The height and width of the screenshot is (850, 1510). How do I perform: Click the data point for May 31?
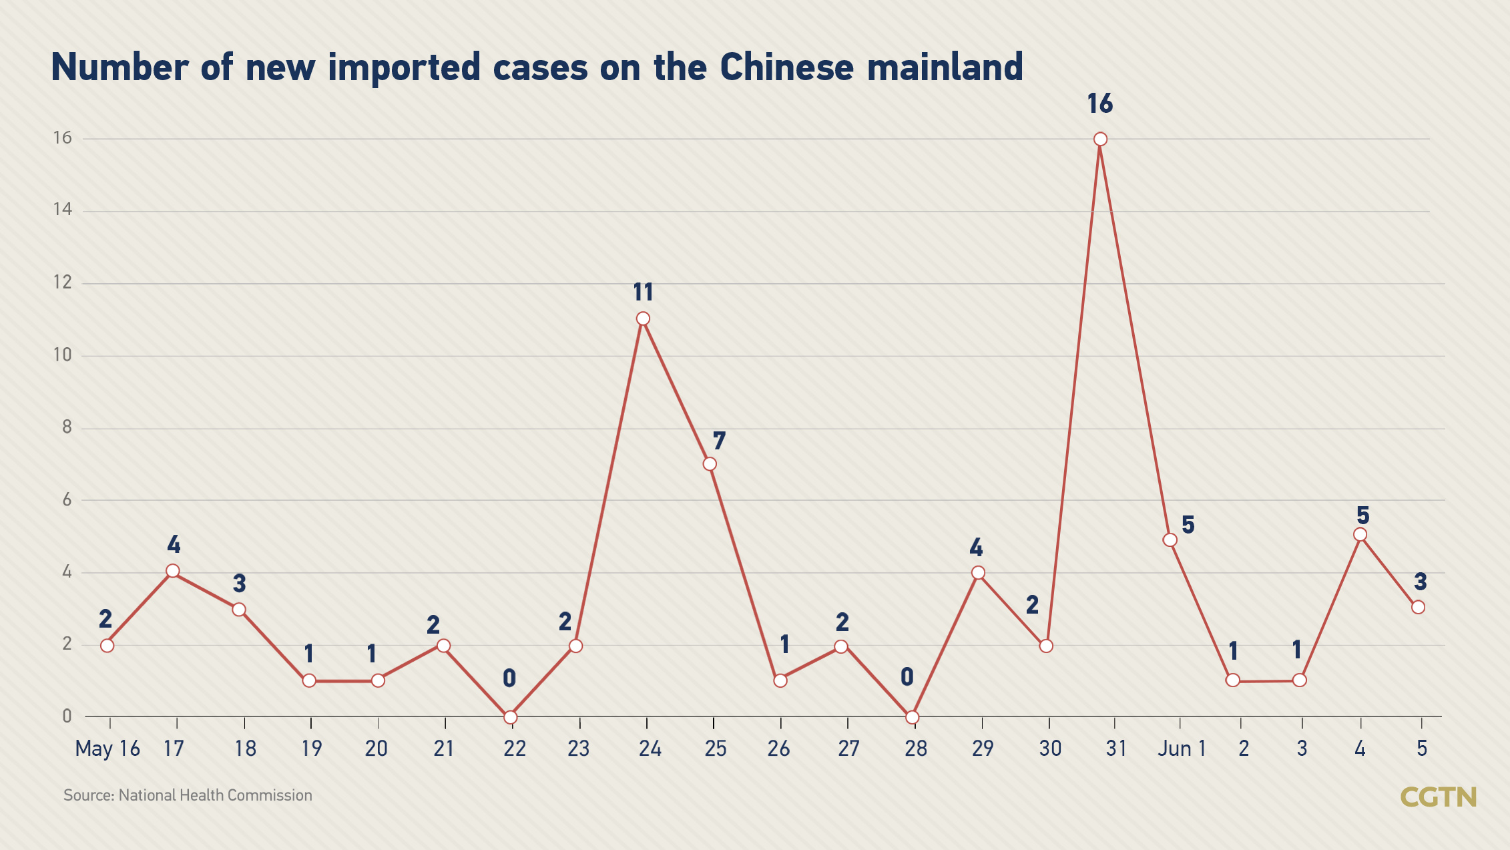tap(1100, 139)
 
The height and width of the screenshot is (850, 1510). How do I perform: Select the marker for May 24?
tap(643, 318)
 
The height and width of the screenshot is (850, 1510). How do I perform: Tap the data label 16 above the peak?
tap(1099, 104)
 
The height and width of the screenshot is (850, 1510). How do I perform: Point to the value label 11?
tap(643, 292)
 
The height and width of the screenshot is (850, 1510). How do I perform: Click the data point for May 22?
tap(510, 717)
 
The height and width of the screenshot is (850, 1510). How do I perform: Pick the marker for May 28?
tap(912, 717)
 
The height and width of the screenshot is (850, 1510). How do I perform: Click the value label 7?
tap(718, 441)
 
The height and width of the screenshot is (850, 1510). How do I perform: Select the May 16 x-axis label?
tap(107, 749)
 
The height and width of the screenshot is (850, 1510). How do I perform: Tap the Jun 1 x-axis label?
tap(1182, 749)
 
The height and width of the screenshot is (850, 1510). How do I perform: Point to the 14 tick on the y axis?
tap(63, 210)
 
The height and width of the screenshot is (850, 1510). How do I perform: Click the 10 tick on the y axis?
tap(63, 355)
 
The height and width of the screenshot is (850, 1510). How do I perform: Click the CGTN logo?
tap(1438, 797)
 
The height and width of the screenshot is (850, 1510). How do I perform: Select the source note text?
tap(188, 795)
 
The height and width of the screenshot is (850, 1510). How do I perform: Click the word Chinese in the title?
tap(786, 67)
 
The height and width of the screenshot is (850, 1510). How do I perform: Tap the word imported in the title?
tap(404, 67)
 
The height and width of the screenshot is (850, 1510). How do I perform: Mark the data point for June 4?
tap(1360, 535)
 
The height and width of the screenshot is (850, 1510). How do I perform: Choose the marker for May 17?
tap(173, 571)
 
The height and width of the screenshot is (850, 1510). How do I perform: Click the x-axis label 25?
tap(715, 749)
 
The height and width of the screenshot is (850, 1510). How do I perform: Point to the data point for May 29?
tap(978, 573)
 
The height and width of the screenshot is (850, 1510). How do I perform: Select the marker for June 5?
tap(1418, 607)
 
